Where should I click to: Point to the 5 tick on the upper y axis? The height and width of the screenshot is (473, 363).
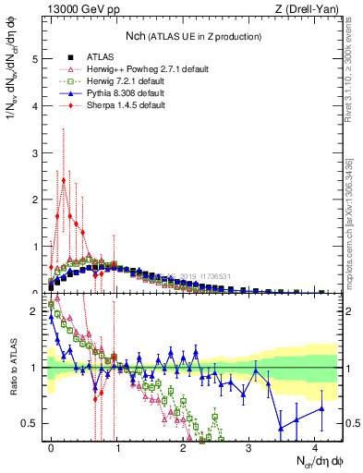click(x=36, y=58)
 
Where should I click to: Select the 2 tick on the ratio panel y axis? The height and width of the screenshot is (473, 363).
click(x=36, y=311)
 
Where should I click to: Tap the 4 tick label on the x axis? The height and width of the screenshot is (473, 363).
click(x=315, y=447)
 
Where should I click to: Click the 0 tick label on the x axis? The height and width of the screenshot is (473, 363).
click(x=51, y=447)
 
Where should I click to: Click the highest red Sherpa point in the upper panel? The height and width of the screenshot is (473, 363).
click(x=64, y=181)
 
